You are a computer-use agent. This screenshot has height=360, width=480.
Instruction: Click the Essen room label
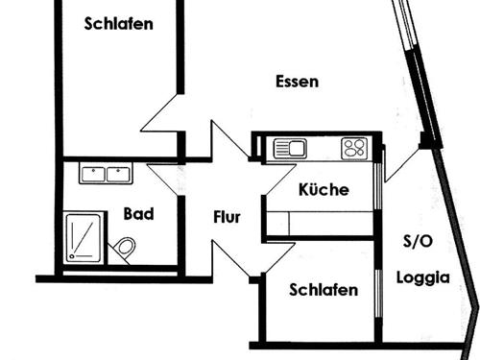point(296,82)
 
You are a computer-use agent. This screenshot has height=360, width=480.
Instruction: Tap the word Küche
point(324,190)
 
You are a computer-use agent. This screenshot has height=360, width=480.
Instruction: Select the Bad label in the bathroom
point(138,214)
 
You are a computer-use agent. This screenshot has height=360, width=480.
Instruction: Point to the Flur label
point(227,217)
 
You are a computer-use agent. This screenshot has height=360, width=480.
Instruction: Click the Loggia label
point(423,278)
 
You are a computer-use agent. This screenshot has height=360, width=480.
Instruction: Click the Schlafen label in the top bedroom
point(118,24)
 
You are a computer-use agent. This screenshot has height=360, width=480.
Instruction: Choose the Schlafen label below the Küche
point(324,290)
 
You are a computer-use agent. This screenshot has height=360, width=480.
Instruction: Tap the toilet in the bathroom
point(125,249)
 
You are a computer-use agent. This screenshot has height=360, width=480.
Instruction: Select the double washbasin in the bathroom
point(106,175)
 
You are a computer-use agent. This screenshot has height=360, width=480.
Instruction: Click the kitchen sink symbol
point(289,148)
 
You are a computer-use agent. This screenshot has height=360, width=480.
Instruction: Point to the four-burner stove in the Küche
point(354,148)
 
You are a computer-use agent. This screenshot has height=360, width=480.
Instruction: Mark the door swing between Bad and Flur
point(165,180)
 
